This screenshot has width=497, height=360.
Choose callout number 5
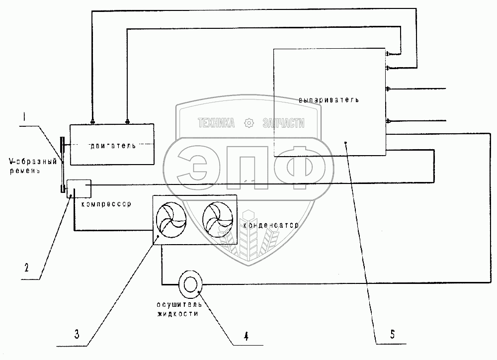[x=392, y=334]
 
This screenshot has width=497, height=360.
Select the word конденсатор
[x=271, y=225]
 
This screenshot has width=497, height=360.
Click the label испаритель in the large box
[x=329, y=99]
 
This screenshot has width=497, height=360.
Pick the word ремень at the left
[x=24, y=170]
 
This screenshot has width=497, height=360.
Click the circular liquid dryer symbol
[x=190, y=284]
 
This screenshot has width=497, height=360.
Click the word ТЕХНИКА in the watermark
[x=217, y=123]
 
